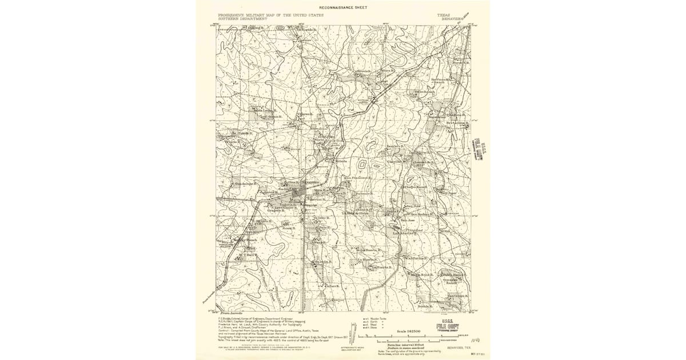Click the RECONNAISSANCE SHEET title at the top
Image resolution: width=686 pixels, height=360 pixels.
tap(344, 7)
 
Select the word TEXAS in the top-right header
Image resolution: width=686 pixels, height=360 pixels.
tap(444, 15)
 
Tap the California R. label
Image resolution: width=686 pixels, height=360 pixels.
tap(416, 258)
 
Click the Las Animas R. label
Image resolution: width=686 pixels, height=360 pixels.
tap(404, 233)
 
